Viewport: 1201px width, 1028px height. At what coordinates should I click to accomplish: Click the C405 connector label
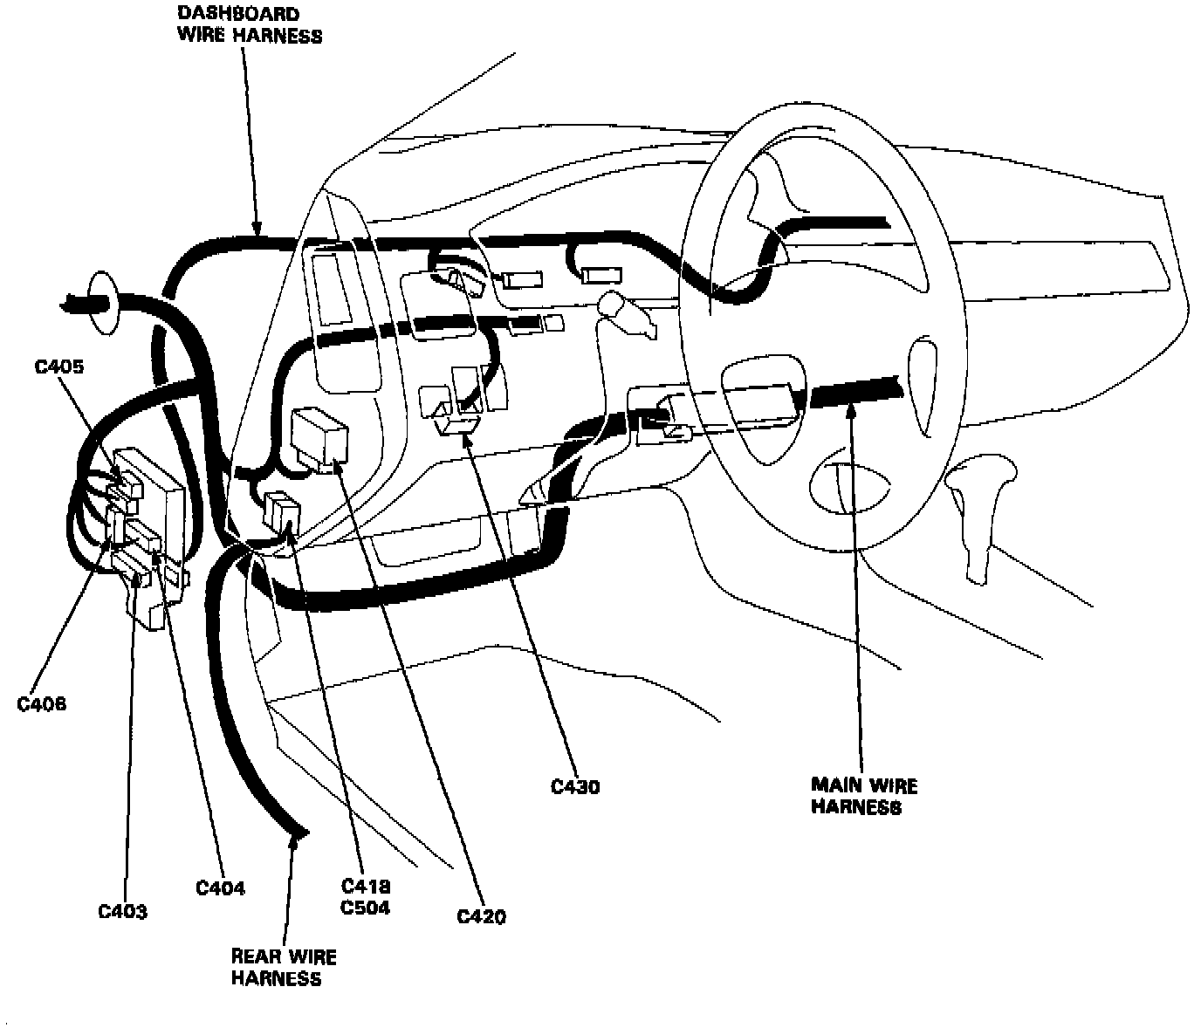click(x=59, y=367)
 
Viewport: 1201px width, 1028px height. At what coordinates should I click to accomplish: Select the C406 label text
click(x=42, y=703)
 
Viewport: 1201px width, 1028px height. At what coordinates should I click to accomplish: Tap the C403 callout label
click(x=122, y=912)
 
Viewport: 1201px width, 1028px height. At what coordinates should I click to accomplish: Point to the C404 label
click(x=220, y=888)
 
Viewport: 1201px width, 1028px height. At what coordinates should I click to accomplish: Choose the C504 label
click(x=366, y=908)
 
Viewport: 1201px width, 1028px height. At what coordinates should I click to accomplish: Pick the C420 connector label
click(x=482, y=916)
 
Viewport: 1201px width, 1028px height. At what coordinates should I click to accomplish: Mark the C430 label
click(x=575, y=787)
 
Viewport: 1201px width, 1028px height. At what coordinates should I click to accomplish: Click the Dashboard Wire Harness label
click(x=250, y=24)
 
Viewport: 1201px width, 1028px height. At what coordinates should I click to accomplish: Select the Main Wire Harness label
click(x=864, y=796)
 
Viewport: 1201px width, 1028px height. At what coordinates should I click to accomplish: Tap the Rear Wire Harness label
click(x=284, y=967)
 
